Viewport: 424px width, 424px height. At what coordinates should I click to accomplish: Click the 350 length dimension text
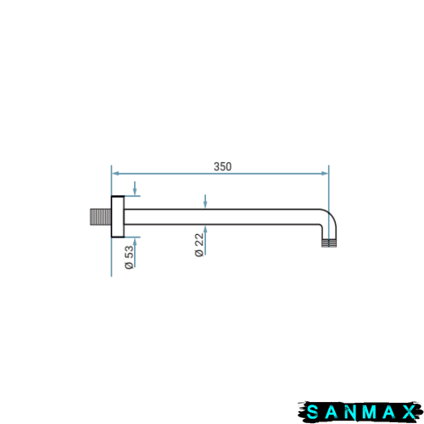pos(223,166)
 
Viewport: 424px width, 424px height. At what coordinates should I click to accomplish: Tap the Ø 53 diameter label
pos(129,257)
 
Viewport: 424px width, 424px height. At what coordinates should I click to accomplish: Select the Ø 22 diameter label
pos(199,245)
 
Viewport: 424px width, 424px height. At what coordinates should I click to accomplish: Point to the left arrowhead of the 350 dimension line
pos(115,173)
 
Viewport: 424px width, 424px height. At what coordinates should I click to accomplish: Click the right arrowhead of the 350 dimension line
pos(325,173)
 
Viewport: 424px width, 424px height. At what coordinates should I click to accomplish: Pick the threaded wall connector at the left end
pos(101,217)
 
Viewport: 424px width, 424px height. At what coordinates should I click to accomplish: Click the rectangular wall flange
pos(118,216)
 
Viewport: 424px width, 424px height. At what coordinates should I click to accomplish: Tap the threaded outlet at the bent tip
pos(329,243)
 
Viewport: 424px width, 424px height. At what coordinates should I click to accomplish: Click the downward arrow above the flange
pos(135,188)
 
